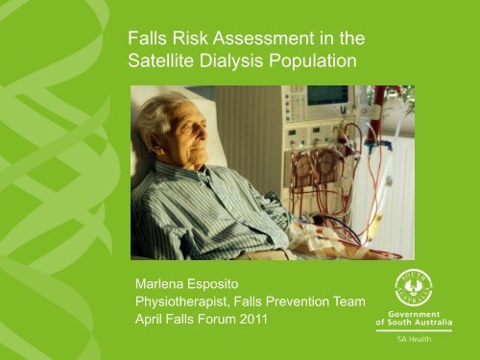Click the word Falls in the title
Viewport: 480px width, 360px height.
148,40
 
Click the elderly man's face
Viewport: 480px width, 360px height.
182,133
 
